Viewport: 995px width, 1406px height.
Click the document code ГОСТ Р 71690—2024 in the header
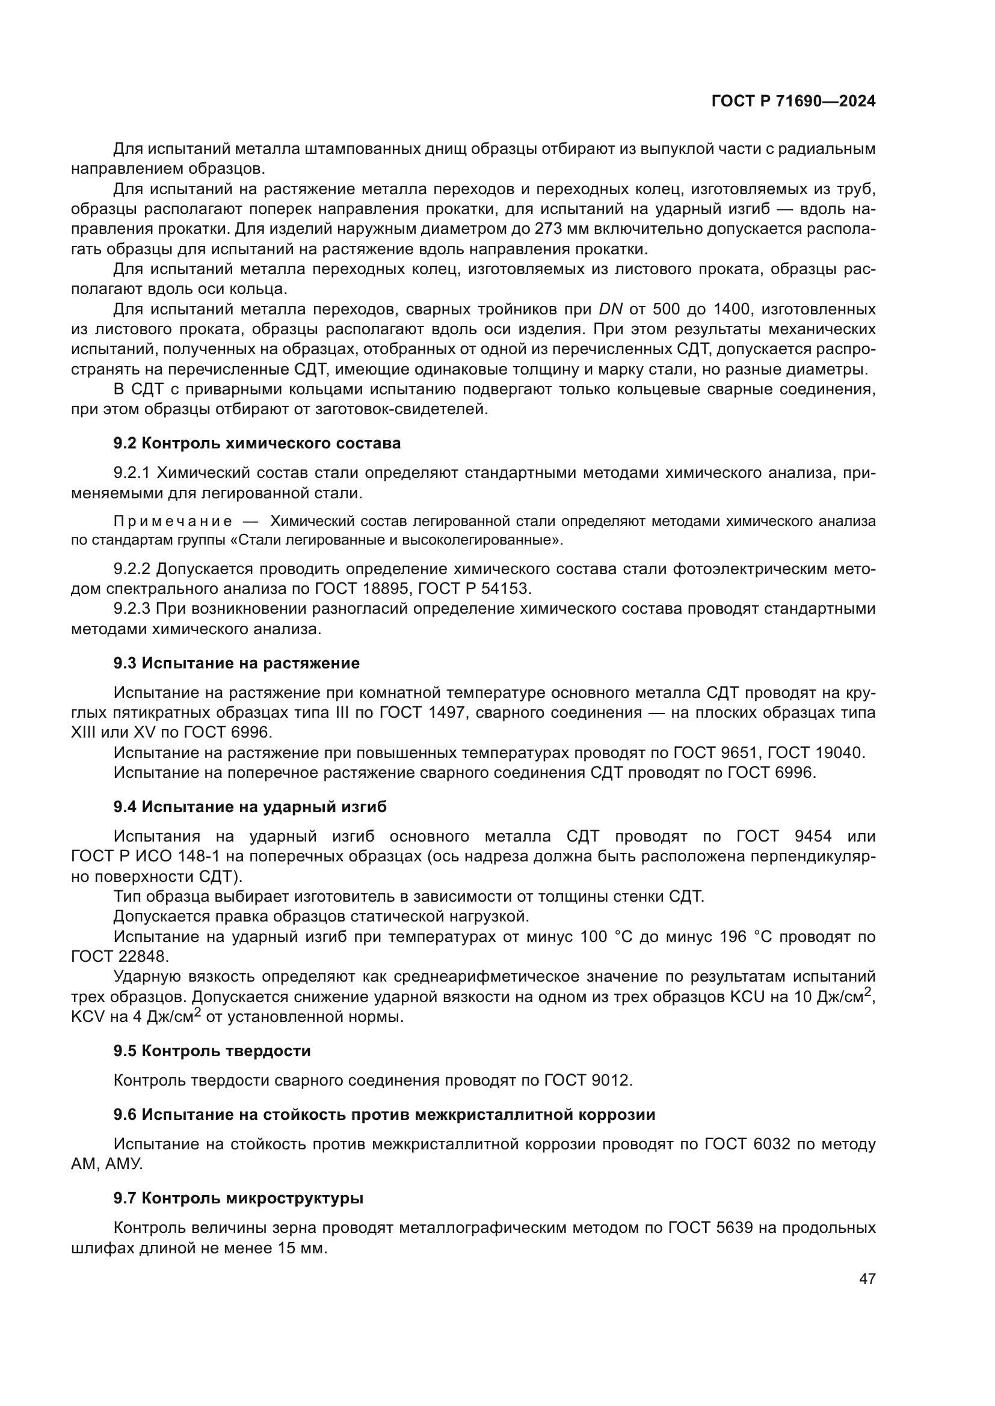click(x=793, y=101)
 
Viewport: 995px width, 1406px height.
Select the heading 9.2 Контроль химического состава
click(x=257, y=443)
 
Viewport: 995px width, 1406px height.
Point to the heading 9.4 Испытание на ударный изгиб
click(x=250, y=807)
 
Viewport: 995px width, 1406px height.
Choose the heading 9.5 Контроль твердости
click(x=212, y=1051)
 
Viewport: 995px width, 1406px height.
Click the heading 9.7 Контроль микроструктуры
click(x=238, y=1198)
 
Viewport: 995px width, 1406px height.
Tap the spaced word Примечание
click(x=173, y=521)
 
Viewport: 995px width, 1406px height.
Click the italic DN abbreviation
click(x=610, y=308)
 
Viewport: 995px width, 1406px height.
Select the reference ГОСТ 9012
click(x=587, y=1080)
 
